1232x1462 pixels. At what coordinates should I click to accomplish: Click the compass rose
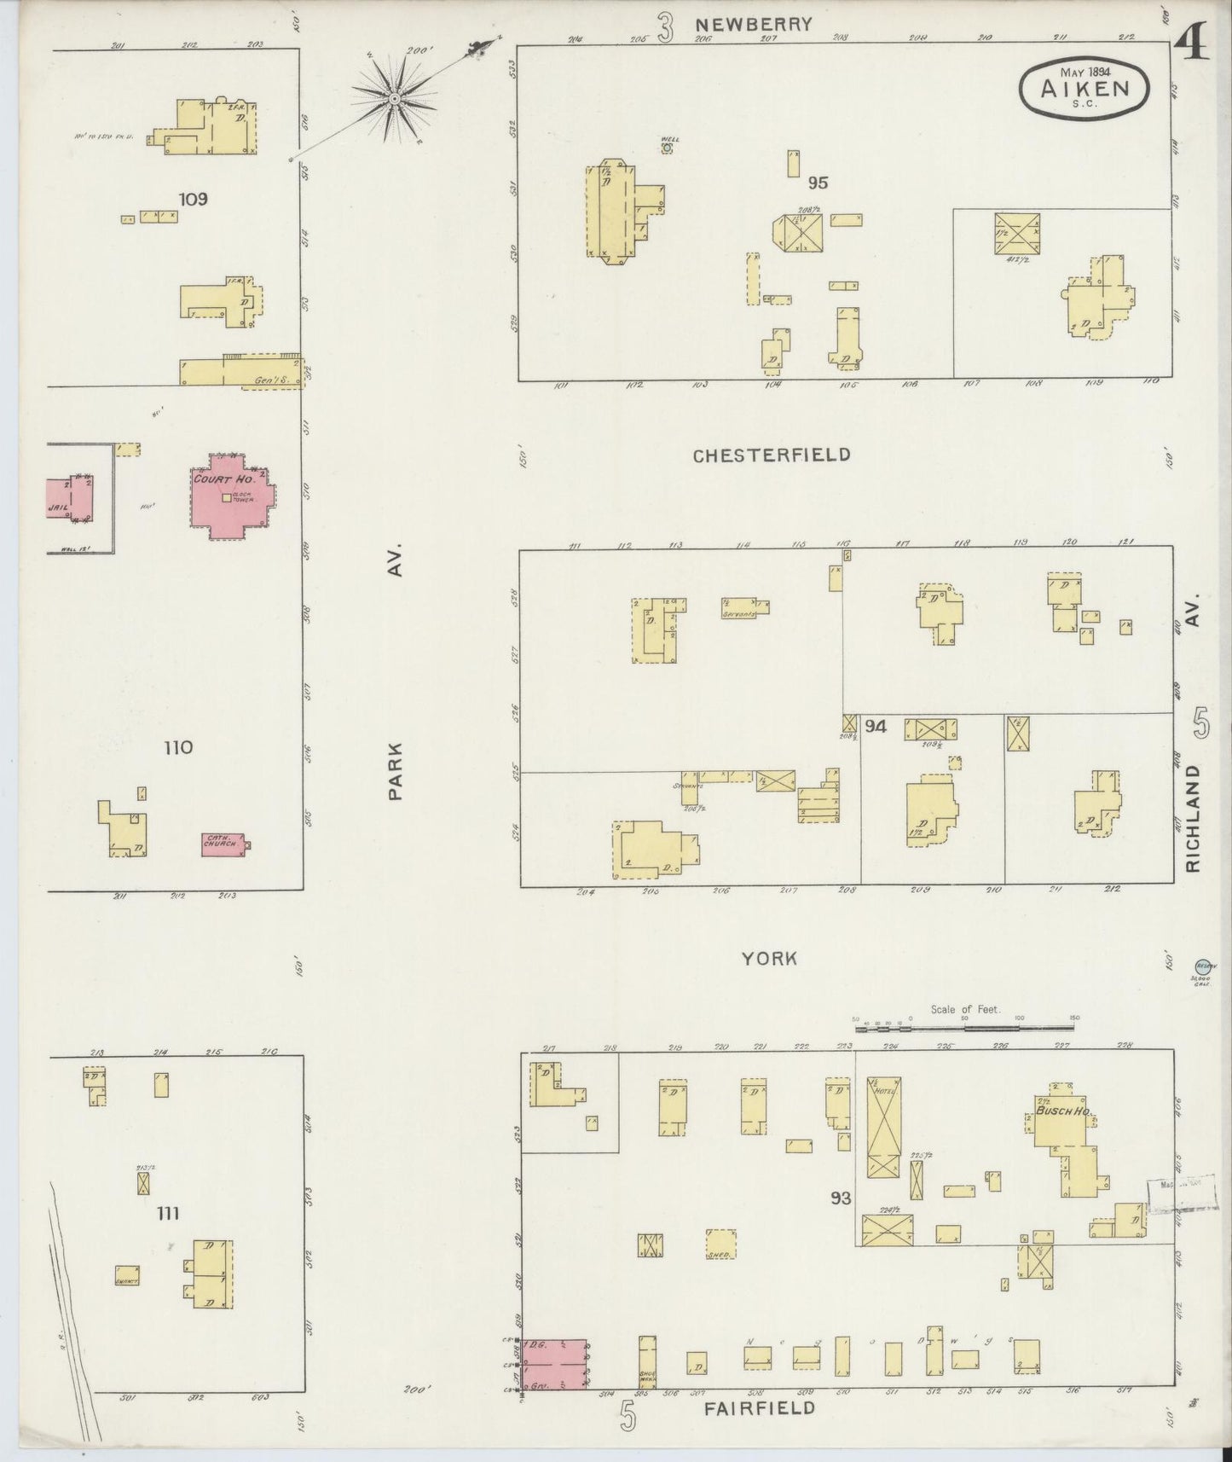click(x=396, y=101)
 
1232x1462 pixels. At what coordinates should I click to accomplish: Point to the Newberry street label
click(x=765, y=25)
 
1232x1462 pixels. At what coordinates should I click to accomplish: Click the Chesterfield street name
click(x=771, y=455)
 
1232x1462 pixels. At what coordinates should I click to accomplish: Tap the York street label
click(x=769, y=958)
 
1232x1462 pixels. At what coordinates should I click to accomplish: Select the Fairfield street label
click(x=759, y=1407)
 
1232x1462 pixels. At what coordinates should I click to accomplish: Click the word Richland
click(x=1193, y=817)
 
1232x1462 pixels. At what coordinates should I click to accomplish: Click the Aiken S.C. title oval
click(x=1084, y=86)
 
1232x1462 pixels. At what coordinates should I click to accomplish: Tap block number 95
click(x=818, y=182)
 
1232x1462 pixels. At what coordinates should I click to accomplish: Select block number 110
click(x=178, y=748)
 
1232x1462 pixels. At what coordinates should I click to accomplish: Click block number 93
click(x=841, y=1198)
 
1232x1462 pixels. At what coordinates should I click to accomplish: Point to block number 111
click(x=168, y=1213)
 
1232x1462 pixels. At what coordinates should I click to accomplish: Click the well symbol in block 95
click(x=668, y=148)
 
